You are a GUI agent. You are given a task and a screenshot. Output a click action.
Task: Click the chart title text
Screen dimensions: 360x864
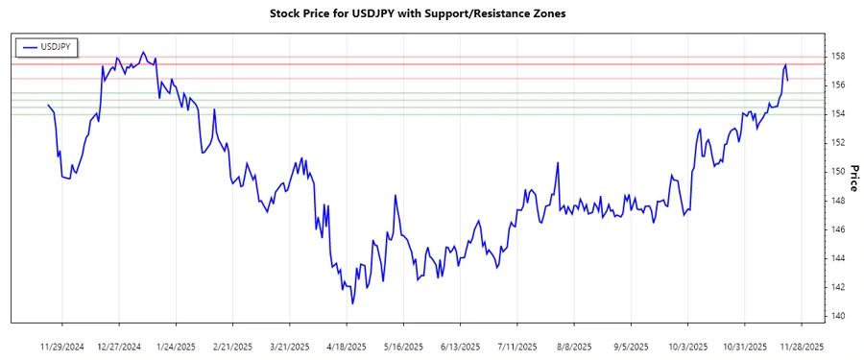432,14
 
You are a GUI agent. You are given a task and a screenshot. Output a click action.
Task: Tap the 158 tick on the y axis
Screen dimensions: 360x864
838,57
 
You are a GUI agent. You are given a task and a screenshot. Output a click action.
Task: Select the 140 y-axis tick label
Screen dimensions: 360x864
838,316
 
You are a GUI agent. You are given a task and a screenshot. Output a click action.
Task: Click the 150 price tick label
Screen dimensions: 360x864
838,172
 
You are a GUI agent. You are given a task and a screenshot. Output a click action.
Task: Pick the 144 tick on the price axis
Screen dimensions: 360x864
838,258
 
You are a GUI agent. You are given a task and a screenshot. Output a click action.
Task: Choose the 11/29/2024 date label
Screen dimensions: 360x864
62,346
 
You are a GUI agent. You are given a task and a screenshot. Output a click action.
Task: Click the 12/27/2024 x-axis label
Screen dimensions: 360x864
119,346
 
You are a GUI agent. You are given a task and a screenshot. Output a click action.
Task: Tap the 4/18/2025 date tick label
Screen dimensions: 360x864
347,346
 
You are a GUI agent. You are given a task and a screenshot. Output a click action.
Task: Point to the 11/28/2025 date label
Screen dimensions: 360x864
801,346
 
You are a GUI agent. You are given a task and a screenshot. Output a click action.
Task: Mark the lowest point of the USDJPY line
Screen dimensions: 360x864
352,304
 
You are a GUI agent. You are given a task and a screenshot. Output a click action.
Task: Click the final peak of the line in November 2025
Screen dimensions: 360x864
785,64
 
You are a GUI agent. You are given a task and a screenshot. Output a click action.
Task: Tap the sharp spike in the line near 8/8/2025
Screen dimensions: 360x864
558,162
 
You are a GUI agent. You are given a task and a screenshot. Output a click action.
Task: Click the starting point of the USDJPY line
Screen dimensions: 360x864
48,105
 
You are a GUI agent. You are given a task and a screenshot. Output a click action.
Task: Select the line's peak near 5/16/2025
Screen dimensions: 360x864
396,195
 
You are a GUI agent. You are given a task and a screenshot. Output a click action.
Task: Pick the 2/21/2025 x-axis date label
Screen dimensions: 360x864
232,346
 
